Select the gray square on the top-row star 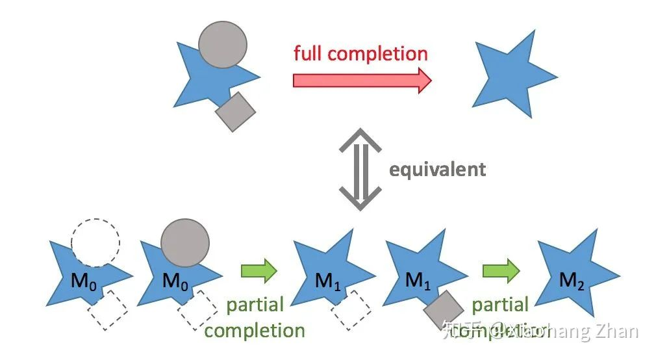point(235,111)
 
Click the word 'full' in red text point(308,53)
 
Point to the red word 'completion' point(378,53)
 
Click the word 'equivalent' point(437,170)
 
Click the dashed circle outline point(95,242)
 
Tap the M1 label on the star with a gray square point(418,281)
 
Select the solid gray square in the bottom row point(444,309)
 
